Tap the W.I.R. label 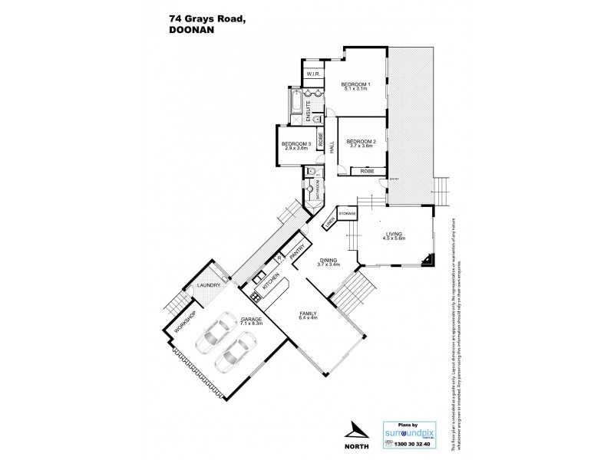pyautogui.click(x=314, y=75)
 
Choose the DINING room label pyautogui.click(x=330, y=262)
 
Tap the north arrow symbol pyautogui.click(x=354, y=429)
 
